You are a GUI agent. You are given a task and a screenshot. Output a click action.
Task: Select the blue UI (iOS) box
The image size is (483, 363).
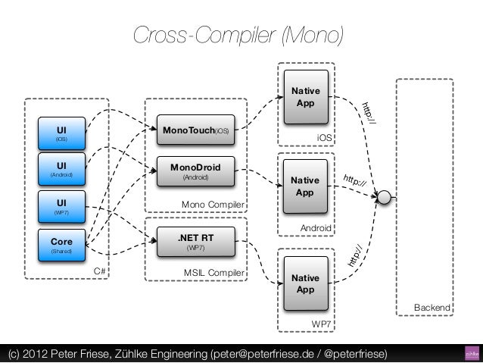click(61, 133)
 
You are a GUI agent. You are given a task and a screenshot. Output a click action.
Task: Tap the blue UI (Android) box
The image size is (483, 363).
click(61, 169)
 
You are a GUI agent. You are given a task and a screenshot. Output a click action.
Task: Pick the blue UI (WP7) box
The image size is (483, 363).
click(61, 207)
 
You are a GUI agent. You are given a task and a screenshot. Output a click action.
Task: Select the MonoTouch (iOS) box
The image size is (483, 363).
click(195, 130)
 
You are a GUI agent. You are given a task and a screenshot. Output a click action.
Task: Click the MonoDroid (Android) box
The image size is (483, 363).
click(195, 171)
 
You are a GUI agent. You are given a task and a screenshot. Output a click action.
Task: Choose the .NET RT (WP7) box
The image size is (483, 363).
click(195, 242)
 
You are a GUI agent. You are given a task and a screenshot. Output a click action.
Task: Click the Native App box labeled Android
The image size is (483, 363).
click(304, 186)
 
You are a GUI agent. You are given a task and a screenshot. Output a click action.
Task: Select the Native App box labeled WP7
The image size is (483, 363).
click(304, 283)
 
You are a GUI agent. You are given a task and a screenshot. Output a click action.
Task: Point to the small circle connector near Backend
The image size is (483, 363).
click(385, 198)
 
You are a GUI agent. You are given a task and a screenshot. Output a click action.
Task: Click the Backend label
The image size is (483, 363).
click(432, 308)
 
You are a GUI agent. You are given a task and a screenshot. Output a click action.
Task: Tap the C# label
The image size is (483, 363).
click(98, 271)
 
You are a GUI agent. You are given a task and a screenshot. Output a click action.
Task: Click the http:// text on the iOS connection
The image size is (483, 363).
click(369, 111)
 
